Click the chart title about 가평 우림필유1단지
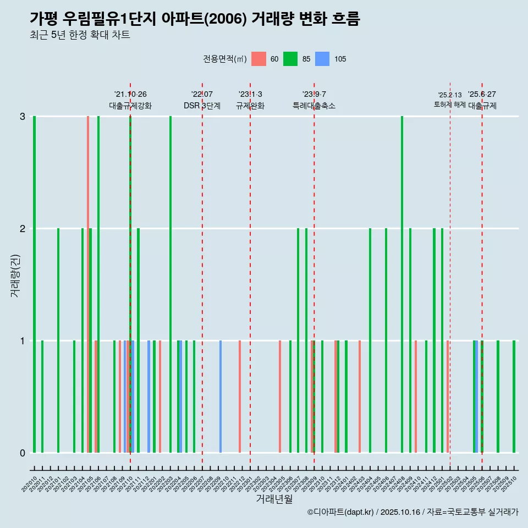point(195,19)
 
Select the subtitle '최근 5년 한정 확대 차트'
point(80,36)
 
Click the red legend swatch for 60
point(258,59)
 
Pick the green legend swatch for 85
point(290,59)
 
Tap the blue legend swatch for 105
point(322,59)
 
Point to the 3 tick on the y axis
point(23,117)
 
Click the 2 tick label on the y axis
point(23,228)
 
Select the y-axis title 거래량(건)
point(15,275)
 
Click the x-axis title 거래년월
point(274,499)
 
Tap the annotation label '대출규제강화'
point(130,106)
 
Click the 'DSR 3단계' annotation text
point(202,106)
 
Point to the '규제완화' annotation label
point(250,106)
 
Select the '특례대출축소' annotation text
point(314,106)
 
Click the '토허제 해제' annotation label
point(450,104)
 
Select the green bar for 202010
point(34,284)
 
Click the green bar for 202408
point(402,284)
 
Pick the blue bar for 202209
point(221,397)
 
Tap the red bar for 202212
point(240,397)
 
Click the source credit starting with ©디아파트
point(413,512)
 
